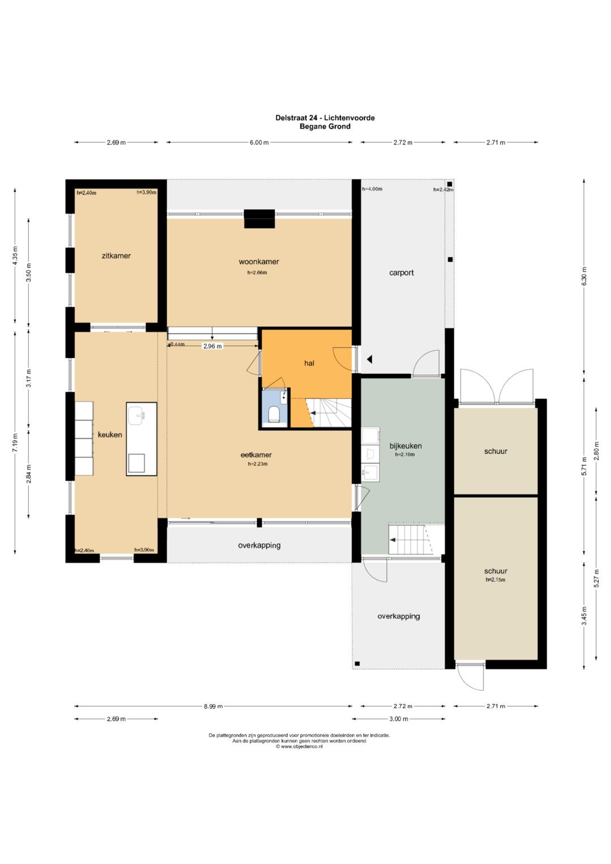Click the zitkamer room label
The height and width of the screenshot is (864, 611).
(116, 256)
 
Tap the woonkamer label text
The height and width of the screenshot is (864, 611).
(259, 261)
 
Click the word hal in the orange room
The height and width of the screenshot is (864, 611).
(309, 363)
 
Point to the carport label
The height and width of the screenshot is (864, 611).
(401, 273)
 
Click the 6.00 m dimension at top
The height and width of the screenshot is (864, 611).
(259, 143)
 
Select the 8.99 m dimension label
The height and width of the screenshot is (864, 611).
(213, 706)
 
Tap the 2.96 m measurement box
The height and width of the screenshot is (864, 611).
(213, 346)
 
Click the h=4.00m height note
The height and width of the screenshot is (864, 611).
(372, 189)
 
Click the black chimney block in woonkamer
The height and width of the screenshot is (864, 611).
(260, 219)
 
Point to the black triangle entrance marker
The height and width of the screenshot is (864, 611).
(369, 359)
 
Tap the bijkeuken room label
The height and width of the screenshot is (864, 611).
(406, 446)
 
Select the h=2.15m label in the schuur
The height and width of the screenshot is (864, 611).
(495, 579)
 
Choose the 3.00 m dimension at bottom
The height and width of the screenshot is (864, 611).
(398, 719)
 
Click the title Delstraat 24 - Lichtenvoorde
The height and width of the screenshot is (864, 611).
(325, 118)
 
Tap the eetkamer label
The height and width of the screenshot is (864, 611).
(256, 455)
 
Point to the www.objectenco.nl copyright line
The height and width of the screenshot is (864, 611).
(299, 746)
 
